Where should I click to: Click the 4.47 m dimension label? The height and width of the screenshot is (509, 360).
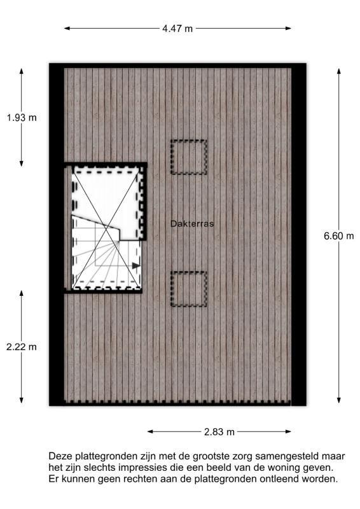(177, 29)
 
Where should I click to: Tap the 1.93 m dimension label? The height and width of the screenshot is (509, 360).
(22, 118)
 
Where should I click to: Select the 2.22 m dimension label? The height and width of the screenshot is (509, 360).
(22, 347)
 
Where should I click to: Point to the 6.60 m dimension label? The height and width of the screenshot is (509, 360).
(338, 236)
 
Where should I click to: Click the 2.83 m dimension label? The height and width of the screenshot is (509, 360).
(219, 432)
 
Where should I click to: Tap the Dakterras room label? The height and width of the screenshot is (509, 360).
(192, 223)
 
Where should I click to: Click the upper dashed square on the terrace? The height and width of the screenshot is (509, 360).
(189, 157)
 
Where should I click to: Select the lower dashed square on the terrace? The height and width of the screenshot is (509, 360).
(189, 289)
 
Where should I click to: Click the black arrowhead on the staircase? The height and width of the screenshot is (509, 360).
(136, 265)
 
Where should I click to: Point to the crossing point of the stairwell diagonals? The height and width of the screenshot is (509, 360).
(107, 228)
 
